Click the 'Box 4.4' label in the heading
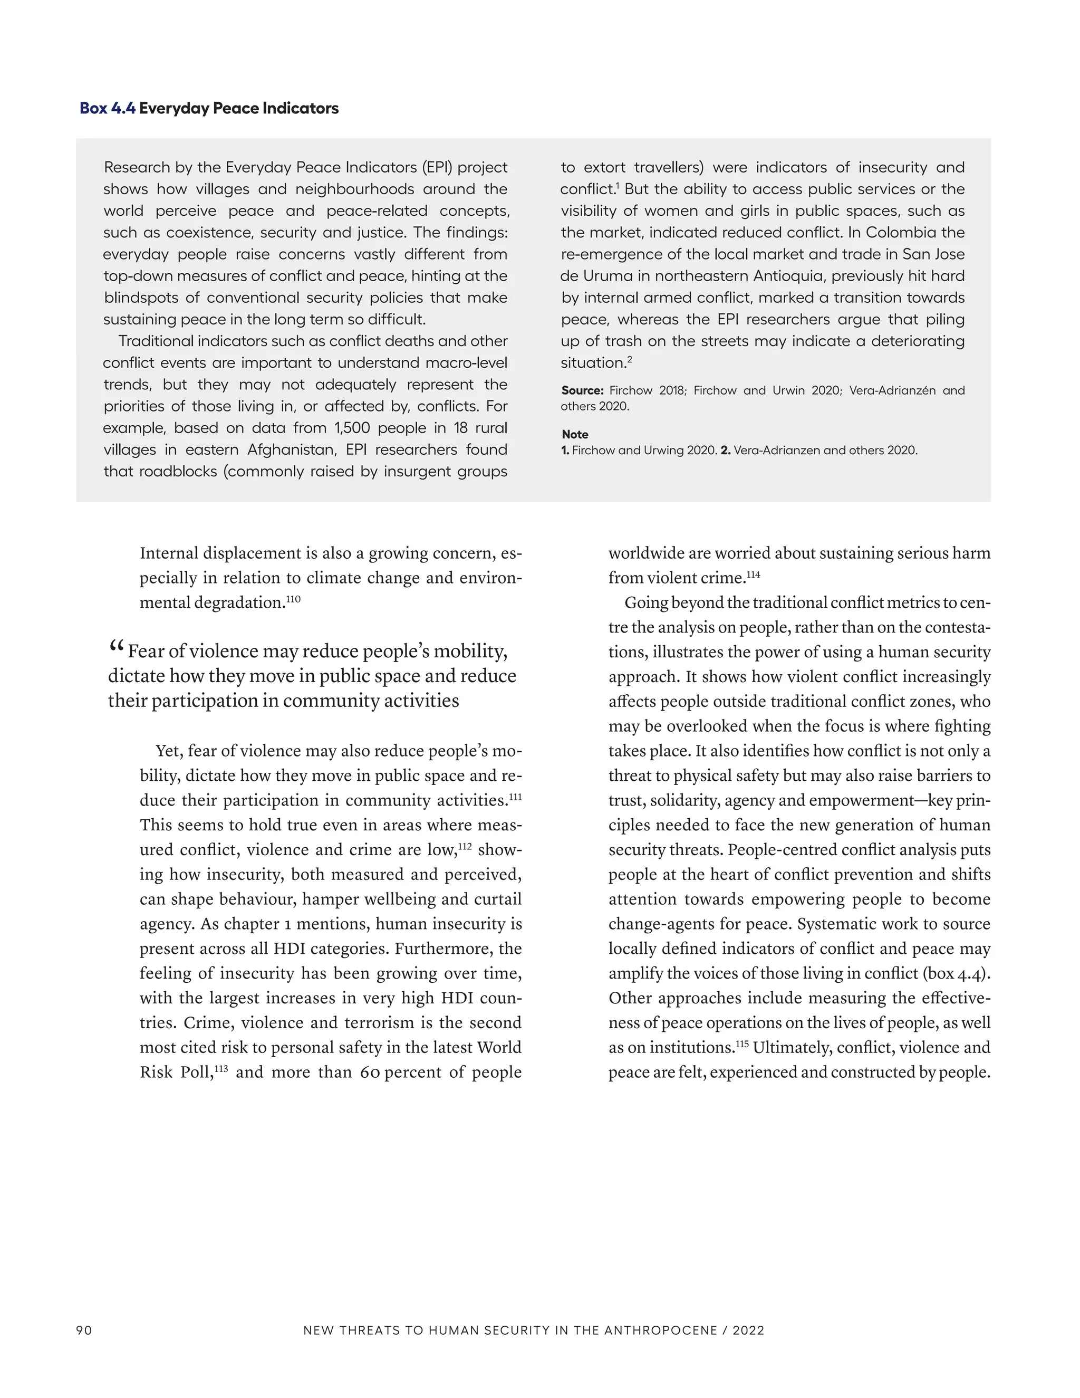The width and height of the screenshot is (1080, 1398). tap(108, 108)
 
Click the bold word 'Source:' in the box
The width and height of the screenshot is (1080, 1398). tap(582, 390)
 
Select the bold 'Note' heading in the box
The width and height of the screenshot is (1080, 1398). tap(575, 434)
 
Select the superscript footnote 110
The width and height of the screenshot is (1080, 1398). tap(293, 599)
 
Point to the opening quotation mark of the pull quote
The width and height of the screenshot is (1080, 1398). tap(116, 647)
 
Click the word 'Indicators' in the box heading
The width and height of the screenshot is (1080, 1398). tap(302, 108)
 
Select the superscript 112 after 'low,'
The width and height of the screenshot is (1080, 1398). tap(465, 847)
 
